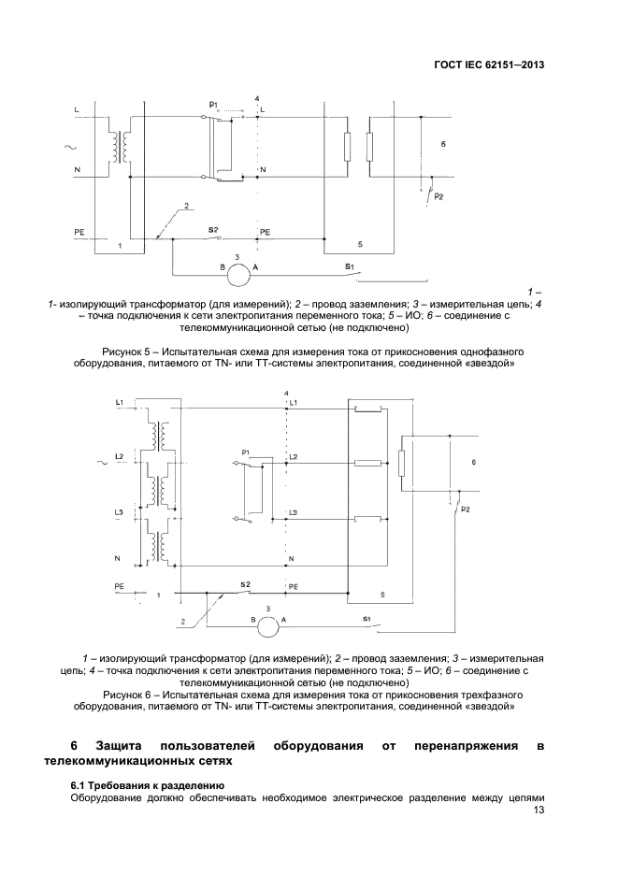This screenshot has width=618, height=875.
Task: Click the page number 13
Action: tap(537, 810)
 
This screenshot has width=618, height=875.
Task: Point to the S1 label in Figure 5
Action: tap(349, 266)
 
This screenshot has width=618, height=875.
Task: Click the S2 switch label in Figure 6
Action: tap(244, 584)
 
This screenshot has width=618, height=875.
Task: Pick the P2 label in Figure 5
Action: tap(439, 197)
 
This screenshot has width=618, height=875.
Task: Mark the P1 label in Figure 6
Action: tap(245, 453)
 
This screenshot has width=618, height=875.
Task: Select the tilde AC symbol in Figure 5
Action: tap(68, 146)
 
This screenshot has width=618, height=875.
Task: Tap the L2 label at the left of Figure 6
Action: tap(119, 457)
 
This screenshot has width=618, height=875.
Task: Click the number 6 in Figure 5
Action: tap(443, 146)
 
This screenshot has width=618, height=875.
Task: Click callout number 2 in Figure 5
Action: tap(187, 205)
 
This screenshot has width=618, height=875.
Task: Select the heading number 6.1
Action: tap(79, 783)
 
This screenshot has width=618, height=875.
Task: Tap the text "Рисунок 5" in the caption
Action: tap(122, 352)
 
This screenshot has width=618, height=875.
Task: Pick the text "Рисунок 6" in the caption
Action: tap(127, 696)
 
